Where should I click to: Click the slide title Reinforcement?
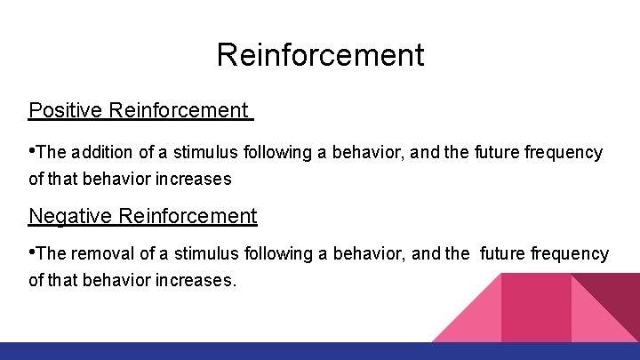click(x=320, y=55)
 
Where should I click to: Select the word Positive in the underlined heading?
click(x=66, y=110)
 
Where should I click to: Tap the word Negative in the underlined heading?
click(x=70, y=216)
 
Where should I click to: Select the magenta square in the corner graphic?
click(x=536, y=307)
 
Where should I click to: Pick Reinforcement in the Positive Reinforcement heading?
click(x=178, y=110)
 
